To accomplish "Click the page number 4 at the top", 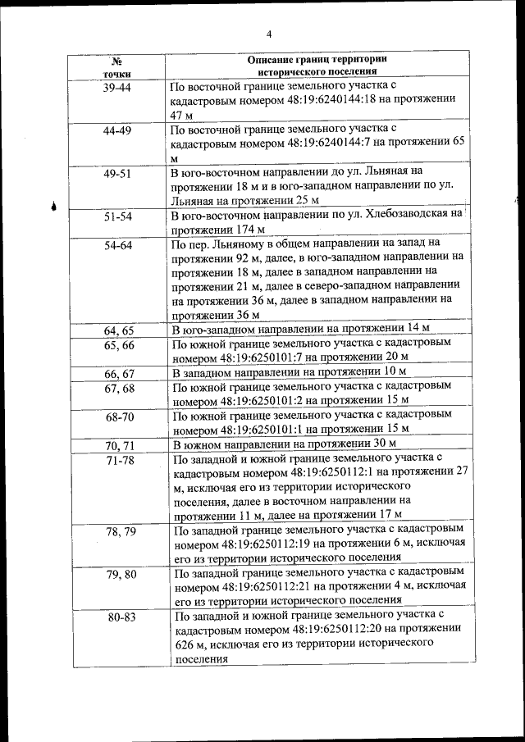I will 269,34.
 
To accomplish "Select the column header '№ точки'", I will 117,67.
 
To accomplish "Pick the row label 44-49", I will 117,130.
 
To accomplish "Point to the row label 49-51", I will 117,174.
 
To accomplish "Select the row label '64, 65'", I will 118,330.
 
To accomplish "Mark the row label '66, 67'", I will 118,374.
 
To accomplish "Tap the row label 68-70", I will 118,417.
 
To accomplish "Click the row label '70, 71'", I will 118,445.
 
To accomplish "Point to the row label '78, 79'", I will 121,531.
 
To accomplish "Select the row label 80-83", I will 121,617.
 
